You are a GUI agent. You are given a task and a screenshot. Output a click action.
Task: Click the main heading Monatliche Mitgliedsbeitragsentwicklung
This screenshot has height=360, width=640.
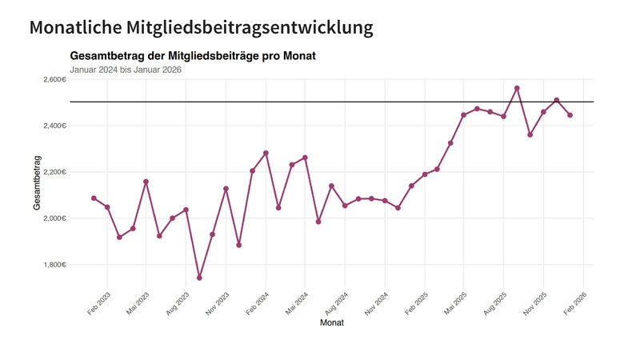pos(201,27)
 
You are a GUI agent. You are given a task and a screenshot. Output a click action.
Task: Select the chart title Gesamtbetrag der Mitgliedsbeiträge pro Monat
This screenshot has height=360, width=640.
pos(193,56)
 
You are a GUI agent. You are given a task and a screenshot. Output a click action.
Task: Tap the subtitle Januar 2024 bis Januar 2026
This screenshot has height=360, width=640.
pos(126,70)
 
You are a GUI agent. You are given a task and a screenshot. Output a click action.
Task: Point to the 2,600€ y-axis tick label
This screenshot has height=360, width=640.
pos(50,80)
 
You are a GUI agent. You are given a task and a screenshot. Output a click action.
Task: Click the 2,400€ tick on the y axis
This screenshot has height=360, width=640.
pos(50,126)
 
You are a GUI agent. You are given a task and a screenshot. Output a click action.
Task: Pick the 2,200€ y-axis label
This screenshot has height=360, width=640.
pos(50,172)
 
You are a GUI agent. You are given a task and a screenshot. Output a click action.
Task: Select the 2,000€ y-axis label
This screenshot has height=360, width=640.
pos(50,218)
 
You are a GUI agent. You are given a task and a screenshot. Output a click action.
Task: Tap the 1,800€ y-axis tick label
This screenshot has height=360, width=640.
pos(50,265)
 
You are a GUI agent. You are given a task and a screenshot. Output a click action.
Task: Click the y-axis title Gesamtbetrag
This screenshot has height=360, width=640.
pos(37,183)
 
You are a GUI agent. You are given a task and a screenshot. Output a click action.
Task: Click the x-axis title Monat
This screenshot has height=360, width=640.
pos(332,322)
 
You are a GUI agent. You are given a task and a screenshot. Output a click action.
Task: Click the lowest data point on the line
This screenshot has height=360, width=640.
pos(199,278)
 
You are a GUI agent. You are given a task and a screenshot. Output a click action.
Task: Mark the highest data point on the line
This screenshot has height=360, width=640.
pos(517,88)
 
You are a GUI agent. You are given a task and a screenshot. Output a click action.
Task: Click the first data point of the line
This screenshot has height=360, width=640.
pos(94,198)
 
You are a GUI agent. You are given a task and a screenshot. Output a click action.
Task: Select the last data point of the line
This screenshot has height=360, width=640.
pos(570,115)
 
